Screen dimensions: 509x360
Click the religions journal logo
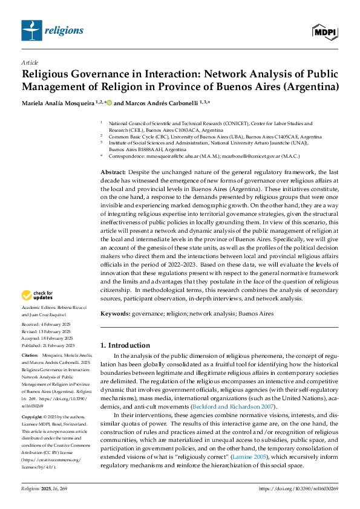(52, 29)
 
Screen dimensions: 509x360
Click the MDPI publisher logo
(325, 30)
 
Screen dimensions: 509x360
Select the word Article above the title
(30, 62)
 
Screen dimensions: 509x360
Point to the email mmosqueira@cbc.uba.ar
(172, 156)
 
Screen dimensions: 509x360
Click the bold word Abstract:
(113, 172)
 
